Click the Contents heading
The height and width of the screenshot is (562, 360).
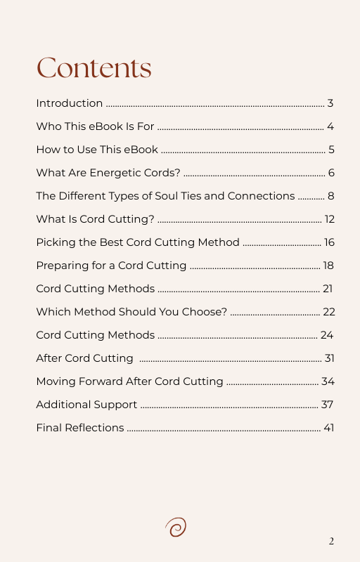[x=94, y=68]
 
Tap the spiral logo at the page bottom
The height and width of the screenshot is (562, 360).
[x=176, y=527]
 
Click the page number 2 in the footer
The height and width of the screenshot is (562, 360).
[x=331, y=541]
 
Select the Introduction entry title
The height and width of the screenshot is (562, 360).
[x=69, y=104]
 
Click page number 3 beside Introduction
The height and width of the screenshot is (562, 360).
[x=330, y=104]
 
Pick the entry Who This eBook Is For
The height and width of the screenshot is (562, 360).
[x=95, y=127]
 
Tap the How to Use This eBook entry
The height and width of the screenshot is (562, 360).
[x=97, y=150]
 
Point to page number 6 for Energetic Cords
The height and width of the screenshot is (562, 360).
[x=330, y=174]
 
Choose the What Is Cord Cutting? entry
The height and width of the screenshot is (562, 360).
[x=95, y=220]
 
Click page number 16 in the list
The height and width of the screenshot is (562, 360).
[x=328, y=243]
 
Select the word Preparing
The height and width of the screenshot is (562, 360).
[x=61, y=266]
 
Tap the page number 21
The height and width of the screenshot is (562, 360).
[x=327, y=289]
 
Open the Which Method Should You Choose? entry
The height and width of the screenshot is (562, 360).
[x=131, y=312]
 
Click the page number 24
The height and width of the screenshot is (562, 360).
[x=326, y=335]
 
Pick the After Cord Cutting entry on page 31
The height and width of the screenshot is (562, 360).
[x=84, y=358]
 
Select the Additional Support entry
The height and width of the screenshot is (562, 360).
[x=86, y=405]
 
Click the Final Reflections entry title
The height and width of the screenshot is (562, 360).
[x=80, y=428]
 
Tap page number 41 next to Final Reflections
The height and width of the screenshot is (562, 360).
[x=328, y=428]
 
